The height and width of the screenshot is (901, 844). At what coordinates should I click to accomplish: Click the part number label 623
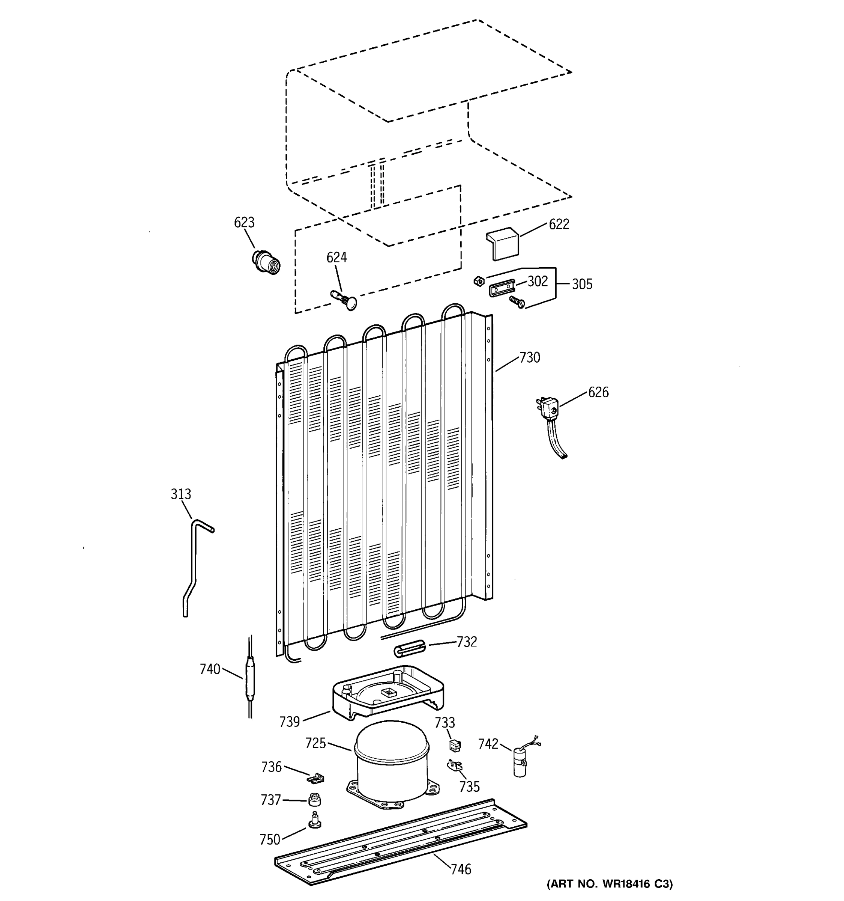[x=244, y=222]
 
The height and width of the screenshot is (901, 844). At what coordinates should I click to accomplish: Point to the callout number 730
[x=529, y=358]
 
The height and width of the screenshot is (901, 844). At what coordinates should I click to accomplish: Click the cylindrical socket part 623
[x=266, y=262]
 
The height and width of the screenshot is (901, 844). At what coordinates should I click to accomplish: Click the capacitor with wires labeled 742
[x=520, y=763]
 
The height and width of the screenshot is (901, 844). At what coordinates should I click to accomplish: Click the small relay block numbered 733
[x=455, y=745]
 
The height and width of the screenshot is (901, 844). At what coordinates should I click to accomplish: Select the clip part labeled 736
[x=317, y=778]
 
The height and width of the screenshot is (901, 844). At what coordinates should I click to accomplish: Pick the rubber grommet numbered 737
[x=315, y=800]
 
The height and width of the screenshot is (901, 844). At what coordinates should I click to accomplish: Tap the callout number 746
[x=461, y=869]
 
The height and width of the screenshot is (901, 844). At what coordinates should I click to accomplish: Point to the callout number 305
[x=582, y=284]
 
